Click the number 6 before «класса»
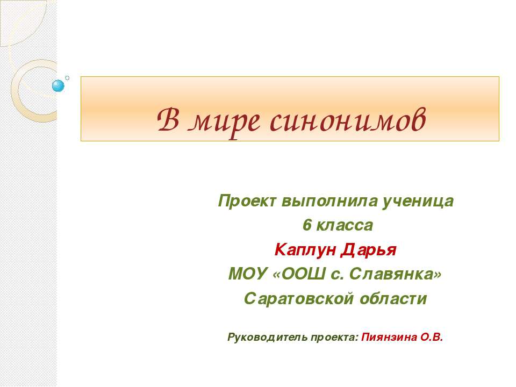306,226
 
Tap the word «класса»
344,226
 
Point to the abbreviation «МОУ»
248,275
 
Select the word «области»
395,299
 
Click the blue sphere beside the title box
58,85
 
